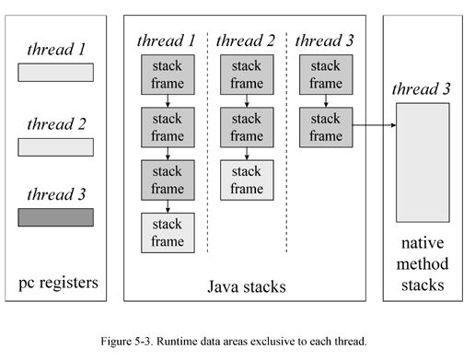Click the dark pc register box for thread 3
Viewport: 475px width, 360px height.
coord(56,217)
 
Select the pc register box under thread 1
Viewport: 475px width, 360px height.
coord(56,73)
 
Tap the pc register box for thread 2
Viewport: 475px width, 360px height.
coord(56,146)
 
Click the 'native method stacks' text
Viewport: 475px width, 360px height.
coord(423,264)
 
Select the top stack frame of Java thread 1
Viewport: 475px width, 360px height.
coord(167,75)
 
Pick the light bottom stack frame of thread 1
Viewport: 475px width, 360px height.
coord(167,232)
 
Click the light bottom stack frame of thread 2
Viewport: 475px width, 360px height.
coord(246,180)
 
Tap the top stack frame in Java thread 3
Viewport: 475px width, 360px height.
coord(325,75)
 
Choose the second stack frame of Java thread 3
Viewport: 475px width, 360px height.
coord(325,127)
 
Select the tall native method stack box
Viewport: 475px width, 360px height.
coord(423,164)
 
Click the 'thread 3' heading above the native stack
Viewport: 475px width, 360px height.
coord(422,89)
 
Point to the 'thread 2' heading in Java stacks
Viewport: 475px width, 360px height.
coord(246,41)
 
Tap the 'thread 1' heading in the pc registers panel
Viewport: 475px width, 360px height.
coord(56,50)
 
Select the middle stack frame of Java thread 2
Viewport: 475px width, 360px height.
coord(246,127)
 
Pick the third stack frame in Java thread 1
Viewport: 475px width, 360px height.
coord(167,180)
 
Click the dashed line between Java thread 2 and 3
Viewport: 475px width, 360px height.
coord(286,147)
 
